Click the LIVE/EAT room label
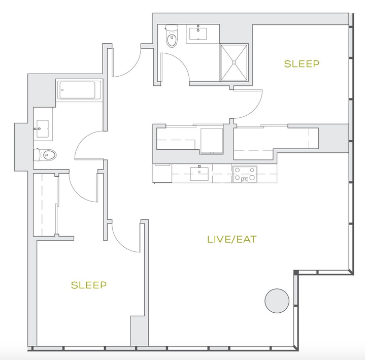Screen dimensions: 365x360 232,239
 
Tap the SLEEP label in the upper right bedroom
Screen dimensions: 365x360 302,63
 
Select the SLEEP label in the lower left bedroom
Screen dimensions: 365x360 89,285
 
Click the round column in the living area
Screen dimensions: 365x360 277,301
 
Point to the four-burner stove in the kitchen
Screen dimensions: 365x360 244,174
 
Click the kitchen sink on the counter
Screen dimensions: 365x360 200,174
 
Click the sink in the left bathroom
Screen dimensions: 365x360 42,128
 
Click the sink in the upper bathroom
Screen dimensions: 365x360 198,34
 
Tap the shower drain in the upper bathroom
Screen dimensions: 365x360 234,62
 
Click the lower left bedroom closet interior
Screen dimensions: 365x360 45,205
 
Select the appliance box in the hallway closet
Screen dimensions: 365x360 212,141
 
